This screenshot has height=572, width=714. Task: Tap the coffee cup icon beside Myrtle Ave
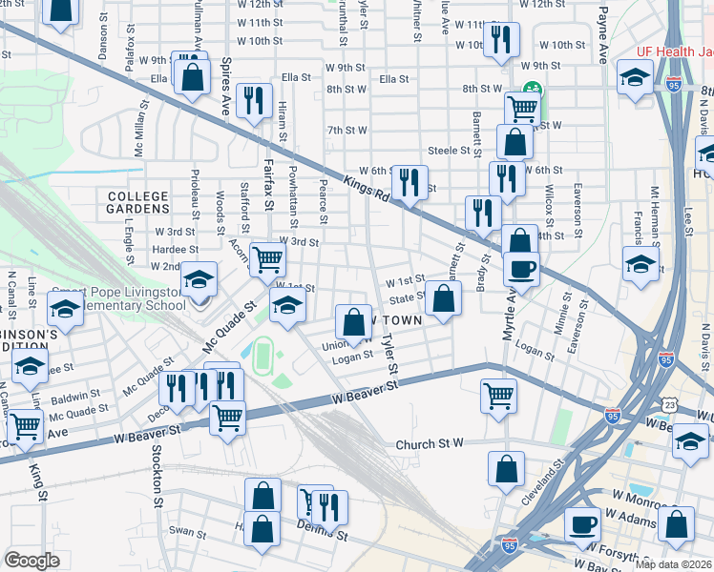[x=521, y=269]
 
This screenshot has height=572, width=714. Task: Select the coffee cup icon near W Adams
[x=582, y=522]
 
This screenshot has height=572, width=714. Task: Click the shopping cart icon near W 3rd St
[x=267, y=257]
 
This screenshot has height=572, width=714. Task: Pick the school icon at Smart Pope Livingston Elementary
[x=199, y=279]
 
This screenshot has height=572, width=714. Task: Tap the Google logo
[x=31, y=561]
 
